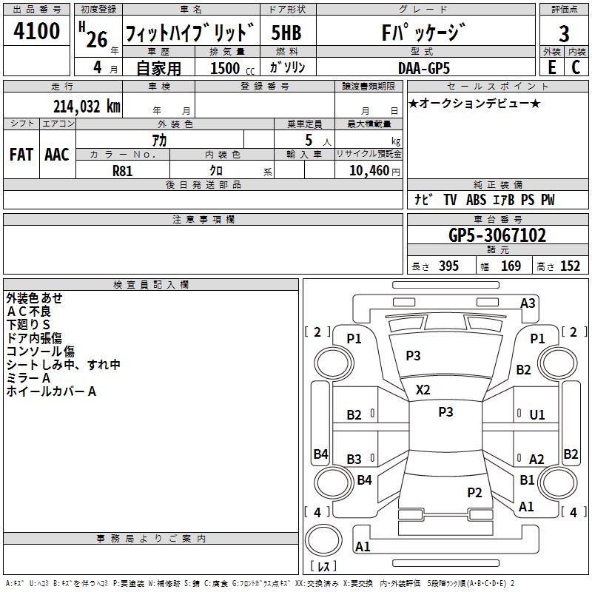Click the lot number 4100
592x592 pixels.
tap(37, 32)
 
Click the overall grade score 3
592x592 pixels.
tap(564, 33)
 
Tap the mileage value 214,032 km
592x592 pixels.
tap(86, 106)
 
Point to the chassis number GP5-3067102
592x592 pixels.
tap(497, 235)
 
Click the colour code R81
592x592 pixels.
tap(123, 170)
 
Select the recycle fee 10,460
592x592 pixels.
tap(367, 170)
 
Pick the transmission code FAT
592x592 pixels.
tap(21, 155)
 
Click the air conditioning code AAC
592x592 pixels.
tap(57, 155)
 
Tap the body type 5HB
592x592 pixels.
tap(286, 33)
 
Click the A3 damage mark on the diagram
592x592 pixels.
tap(528, 303)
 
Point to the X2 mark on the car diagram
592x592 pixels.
tap(423, 389)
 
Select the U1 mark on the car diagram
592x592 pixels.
tap(536, 415)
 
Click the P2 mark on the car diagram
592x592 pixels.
tap(474, 492)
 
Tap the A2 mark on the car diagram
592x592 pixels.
tap(536, 460)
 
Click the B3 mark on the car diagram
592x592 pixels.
tap(354, 460)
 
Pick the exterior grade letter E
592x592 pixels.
tap(551, 67)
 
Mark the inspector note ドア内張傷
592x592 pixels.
tap(44, 337)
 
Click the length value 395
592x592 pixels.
tap(448, 266)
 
